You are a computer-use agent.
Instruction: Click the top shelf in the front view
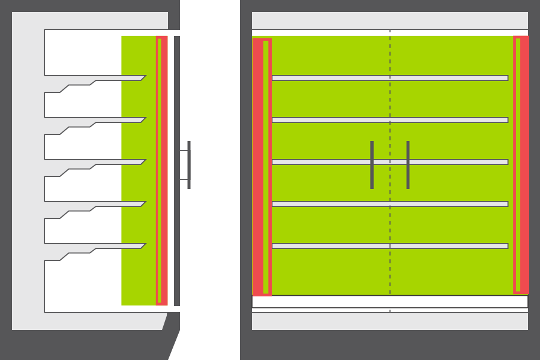pyautogui.click(x=330, y=78)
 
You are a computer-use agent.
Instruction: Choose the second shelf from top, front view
pyautogui.click(x=330, y=120)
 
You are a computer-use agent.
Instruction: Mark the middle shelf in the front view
pyautogui.click(x=330, y=162)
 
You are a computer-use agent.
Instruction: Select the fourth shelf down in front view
pyautogui.click(x=330, y=204)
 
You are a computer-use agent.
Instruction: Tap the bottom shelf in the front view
pyautogui.click(x=330, y=246)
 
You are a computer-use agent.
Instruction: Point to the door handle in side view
pyautogui.click(x=189, y=165)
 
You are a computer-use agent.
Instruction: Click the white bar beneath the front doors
pyautogui.click(x=390, y=301)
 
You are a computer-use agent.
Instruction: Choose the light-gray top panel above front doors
pyautogui.click(x=390, y=20)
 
